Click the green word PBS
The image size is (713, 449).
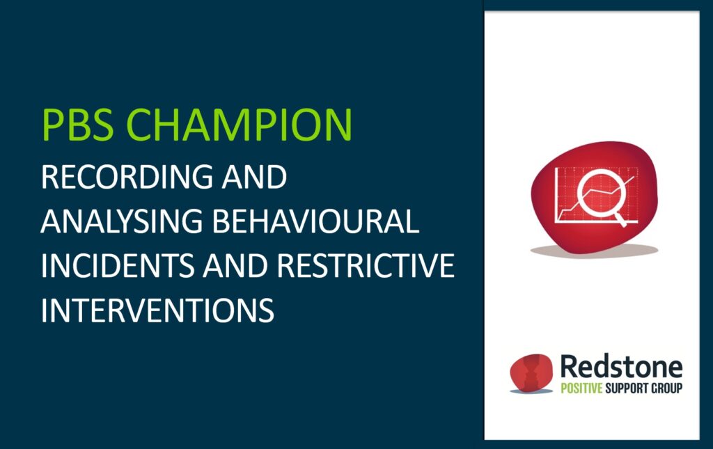pyautogui.click(x=77, y=124)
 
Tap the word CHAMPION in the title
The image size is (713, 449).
pyautogui.click(x=239, y=124)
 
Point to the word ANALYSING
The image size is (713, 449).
pyautogui.click(x=121, y=221)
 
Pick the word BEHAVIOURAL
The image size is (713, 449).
pyautogui.click(x=315, y=221)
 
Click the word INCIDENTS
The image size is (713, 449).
pyautogui.click(x=117, y=265)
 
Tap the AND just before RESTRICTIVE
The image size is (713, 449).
pyautogui.click(x=235, y=265)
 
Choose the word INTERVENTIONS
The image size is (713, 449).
pyautogui.click(x=158, y=310)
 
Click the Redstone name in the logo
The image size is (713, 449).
pyautogui.click(x=622, y=367)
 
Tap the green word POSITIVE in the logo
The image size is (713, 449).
pyautogui.click(x=581, y=388)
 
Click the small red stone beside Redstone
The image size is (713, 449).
pyautogui.click(x=531, y=372)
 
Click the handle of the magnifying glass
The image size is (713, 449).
pyautogui.click(x=620, y=221)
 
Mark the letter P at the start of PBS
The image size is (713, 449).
pyautogui.click(x=52, y=125)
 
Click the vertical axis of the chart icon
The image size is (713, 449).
pyautogui.click(x=556, y=195)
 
